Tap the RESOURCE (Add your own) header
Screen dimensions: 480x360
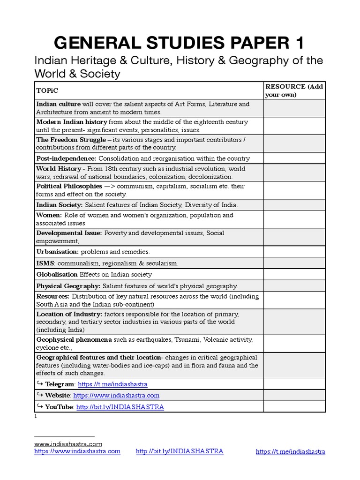(294, 90)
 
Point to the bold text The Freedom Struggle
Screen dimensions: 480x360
(70, 140)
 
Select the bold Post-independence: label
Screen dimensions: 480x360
(66, 158)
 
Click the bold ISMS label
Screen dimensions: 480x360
(45, 263)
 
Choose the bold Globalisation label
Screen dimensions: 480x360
(57, 275)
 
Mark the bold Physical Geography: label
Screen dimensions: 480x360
(68, 286)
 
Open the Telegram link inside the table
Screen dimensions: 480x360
(112, 384)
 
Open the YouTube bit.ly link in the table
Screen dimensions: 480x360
(120, 407)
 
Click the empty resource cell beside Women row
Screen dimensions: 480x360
(294, 219)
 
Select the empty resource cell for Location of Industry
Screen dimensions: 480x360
(294, 322)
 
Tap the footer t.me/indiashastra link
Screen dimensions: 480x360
(290, 452)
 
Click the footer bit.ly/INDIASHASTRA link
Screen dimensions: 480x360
(180, 451)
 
